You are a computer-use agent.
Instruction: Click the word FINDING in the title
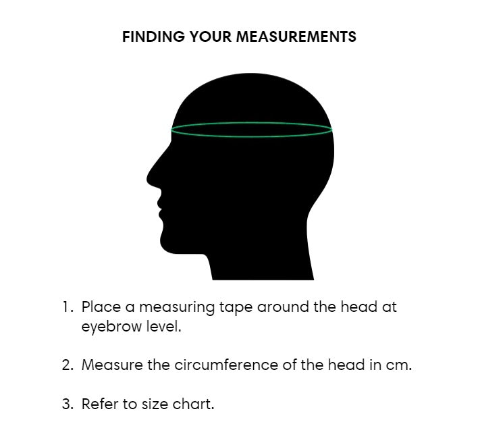[153, 36]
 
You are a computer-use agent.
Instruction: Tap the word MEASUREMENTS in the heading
[296, 36]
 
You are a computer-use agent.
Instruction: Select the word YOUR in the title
[211, 36]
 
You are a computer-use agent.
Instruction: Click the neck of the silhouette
[262, 262]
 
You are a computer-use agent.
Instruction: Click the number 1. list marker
[68, 307]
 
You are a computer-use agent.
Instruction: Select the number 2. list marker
[68, 365]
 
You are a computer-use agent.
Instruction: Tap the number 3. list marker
[68, 404]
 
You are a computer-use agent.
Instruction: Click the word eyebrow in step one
[111, 327]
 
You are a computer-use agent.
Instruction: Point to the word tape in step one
[236, 308]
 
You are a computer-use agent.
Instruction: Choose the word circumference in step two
[226, 365]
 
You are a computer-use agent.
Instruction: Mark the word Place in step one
[101, 307]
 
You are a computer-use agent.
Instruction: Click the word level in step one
[163, 327]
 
